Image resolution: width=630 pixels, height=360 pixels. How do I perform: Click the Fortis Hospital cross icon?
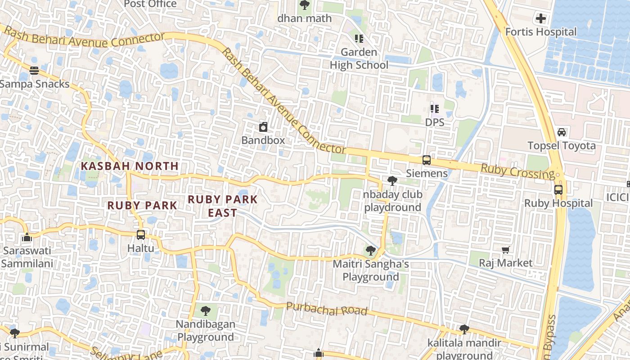pyautogui.click(x=540, y=18)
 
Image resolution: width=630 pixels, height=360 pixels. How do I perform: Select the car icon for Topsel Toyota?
pyautogui.click(x=562, y=132)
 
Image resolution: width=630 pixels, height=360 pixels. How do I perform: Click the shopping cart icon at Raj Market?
pyautogui.click(x=506, y=250)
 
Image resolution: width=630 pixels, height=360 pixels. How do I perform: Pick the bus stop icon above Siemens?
pyautogui.click(x=426, y=160)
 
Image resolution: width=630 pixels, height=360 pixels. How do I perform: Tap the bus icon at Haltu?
pyautogui.click(x=141, y=234)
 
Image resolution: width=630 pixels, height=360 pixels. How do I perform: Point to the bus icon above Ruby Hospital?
pyautogui.click(x=558, y=189)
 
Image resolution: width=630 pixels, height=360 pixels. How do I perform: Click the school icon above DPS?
pyautogui.click(x=434, y=108)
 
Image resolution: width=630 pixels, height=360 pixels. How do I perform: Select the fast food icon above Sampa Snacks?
pyautogui.click(x=34, y=70)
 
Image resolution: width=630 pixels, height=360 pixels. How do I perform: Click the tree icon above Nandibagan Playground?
pyautogui.click(x=206, y=310)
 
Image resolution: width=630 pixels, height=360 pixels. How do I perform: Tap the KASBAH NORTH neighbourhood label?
pyautogui.click(x=130, y=166)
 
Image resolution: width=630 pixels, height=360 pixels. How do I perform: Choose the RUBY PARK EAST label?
pyautogui.click(x=223, y=206)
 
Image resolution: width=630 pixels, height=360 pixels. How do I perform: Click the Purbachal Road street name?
pyautogui.click(x=327, y=309)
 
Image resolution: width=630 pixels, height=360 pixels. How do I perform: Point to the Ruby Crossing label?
pyautogui.click(x=518, y=171)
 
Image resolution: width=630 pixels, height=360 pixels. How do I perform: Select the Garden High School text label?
pyautogui.click(x=359, y=58)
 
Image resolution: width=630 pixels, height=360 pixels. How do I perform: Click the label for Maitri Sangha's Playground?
pyautogui.click(x=371, y=270)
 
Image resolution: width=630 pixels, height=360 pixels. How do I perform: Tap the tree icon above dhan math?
pyautogui.click(x=305, y=5)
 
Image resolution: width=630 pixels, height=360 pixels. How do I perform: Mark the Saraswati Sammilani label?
pyautogui.click(x=27, y=257)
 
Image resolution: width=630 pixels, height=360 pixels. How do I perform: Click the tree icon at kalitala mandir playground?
pyautogui.click(x=464, y=329)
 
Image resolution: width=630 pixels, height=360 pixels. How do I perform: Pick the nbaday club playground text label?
pyautogui.click(x=393, y=201)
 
